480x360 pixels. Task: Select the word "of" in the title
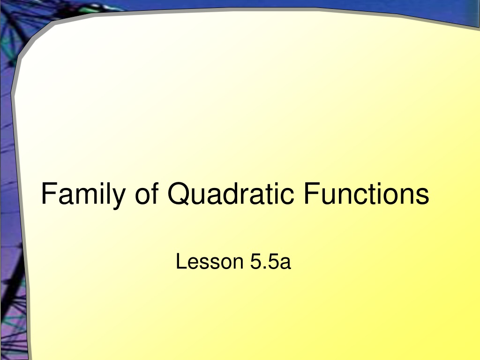(147, 193)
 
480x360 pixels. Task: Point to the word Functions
(366, 193)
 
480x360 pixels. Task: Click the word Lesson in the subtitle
(210, 262)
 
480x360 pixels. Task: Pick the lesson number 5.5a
(270, 262)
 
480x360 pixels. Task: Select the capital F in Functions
(311, 193)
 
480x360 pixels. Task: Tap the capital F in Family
(49, 193)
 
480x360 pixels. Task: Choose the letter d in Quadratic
(231, 193)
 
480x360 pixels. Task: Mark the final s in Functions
(423, 196)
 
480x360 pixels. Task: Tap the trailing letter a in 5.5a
(285, 263)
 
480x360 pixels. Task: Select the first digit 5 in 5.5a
(255, 262)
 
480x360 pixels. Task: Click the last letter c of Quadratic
(287, 196)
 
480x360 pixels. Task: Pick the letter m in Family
(84, 196)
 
